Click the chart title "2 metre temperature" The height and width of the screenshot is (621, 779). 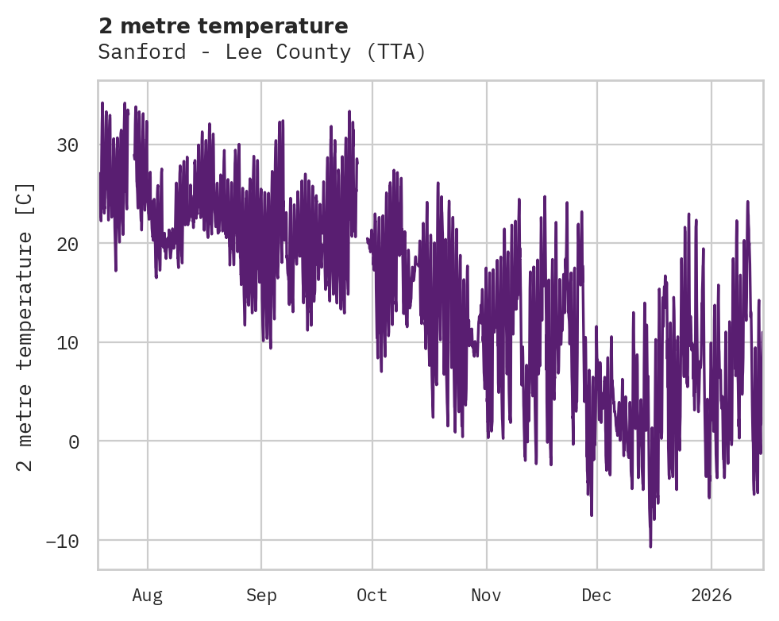click(x=223, y=26)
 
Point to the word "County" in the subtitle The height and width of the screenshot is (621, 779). click(x=316, y=52)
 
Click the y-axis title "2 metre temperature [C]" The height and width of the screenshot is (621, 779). click(x=25, y=326)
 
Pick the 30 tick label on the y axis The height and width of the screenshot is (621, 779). click(x=67, y=145)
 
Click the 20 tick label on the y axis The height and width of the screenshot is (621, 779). click(x=67, y=244)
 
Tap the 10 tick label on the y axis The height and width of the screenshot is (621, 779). click(x=67, y=342)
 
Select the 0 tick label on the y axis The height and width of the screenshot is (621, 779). click(x=73, y=442)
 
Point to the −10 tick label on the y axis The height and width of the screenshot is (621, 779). click(x=62, y=541)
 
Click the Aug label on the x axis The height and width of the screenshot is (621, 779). click(x=147, y=595)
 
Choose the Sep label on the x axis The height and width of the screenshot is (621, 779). click(x=260, y=595)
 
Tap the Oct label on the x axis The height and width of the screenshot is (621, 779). click(x=372, y=595)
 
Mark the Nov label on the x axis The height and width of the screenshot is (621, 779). click(x=485, y=595)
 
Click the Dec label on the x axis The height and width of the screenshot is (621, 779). click(x=596, y=595)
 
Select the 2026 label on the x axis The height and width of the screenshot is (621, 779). click(x=711, y=595)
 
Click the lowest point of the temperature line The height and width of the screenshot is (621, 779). click(x=650, y=546)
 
